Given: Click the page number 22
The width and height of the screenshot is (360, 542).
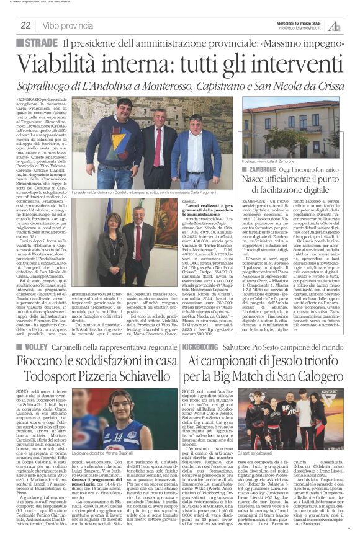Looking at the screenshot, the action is (26, 25).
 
